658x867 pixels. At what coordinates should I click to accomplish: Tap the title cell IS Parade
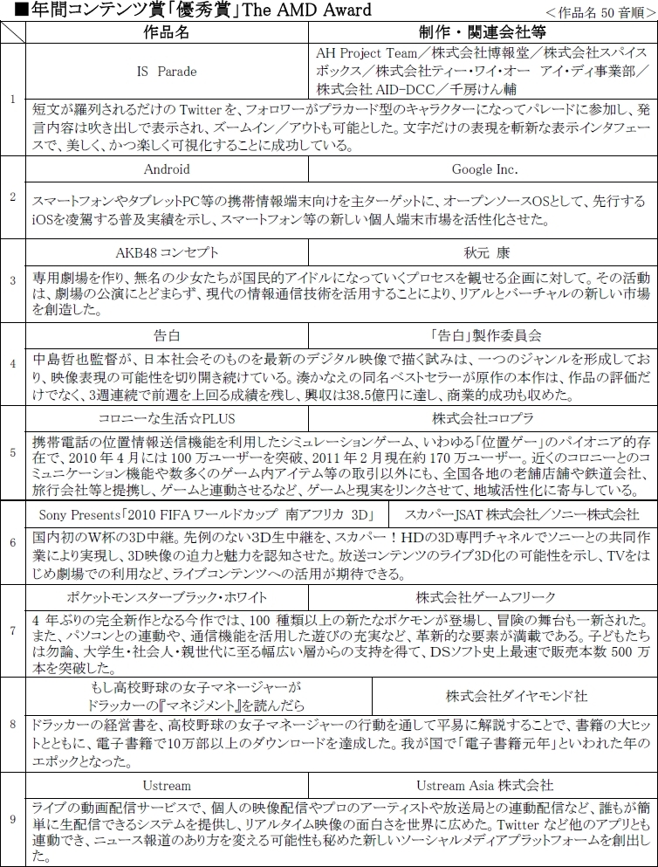point(167,71)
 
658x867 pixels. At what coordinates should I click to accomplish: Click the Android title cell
point(167,169)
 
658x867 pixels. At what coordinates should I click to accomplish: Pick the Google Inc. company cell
point(484,169)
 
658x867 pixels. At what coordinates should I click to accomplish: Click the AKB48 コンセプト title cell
point(168,252)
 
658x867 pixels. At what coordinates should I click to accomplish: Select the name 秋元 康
point(484,252)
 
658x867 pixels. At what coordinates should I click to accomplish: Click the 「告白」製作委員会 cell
point(485,334)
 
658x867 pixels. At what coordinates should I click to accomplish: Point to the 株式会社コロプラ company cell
point(485,417)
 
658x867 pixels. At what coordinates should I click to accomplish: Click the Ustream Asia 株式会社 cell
point(484,785)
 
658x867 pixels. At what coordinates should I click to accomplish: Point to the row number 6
point(12,542)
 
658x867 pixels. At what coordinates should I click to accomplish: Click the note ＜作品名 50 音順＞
point(607,11)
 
